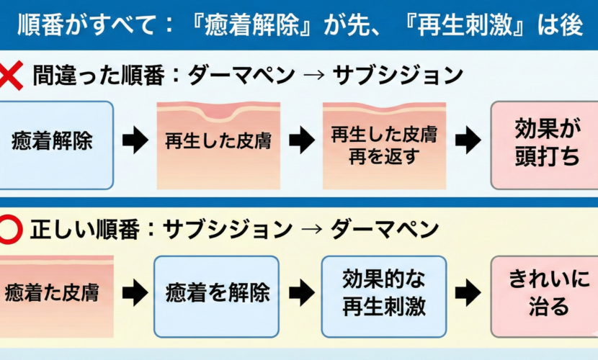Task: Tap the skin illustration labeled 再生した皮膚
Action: [x=218, y=145]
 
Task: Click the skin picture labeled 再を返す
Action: [x=384, y=145]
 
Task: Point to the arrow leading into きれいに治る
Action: [x=468, y=293]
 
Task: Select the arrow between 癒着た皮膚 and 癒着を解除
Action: [x=135, y=293]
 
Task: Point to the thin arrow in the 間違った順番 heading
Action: [x=309, y=75]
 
